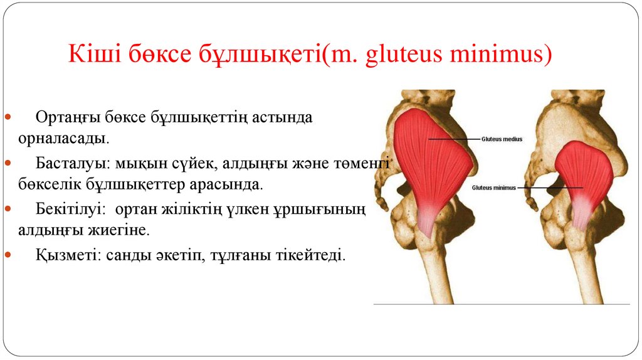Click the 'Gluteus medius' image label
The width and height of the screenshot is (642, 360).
point(502,139)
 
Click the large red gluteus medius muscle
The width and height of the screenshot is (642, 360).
point(433,163)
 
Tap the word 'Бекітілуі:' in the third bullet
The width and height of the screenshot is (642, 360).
point(69,209)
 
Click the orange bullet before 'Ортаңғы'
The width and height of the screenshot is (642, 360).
point(8,118)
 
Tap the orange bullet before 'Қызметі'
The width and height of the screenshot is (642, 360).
point(8,255)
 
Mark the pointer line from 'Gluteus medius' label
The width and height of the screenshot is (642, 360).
point(454,139)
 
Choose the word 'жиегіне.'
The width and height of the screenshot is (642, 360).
point(122,230)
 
